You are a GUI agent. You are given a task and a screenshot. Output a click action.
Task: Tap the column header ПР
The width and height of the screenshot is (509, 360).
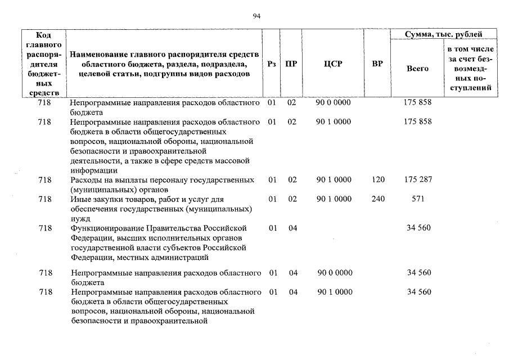click(291, 64)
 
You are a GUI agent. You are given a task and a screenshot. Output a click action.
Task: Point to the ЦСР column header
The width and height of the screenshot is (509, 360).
click(333, 64)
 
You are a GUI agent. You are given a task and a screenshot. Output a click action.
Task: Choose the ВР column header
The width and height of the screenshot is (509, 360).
click(377, 64)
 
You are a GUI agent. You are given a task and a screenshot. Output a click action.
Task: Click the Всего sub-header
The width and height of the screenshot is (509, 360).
click(417, 69)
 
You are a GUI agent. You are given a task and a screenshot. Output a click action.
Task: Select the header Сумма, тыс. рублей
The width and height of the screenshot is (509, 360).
click(444, 34)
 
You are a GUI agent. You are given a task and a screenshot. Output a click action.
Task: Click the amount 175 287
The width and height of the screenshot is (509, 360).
click(417, 180)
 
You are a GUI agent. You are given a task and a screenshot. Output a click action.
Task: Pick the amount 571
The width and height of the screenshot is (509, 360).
click(417, 199)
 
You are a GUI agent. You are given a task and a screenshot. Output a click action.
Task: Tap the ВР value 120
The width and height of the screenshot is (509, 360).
click(378, 180)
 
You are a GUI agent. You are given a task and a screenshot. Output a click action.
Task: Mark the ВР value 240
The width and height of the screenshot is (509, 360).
click(378, 199)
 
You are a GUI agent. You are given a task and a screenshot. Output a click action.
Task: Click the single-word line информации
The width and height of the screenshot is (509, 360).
click(93, 170)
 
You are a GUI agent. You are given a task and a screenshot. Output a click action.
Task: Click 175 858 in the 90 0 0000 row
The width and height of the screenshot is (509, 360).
click(417, 103)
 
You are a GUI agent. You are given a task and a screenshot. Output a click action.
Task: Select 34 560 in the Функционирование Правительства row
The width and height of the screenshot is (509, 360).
click(418, 228)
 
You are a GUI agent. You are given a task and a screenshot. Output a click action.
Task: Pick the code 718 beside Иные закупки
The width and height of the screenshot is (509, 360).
click(45, 199)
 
